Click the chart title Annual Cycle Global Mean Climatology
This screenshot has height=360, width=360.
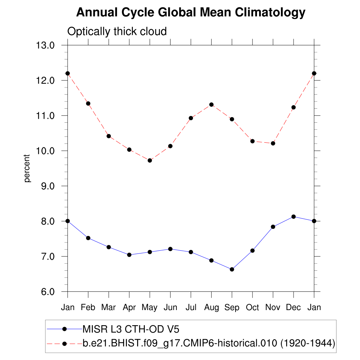(191, 13)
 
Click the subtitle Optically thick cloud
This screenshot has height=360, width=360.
(117, 31)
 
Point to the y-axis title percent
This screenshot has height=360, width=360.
(27, 168)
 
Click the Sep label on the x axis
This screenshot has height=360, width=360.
(232, 308)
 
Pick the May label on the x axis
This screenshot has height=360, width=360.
(150, 308)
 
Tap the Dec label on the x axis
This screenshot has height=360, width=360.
(294, 308)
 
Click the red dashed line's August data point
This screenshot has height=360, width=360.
(211, 104)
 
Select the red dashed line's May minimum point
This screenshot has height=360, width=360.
(150, 160)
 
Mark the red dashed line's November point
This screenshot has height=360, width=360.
(273, 143)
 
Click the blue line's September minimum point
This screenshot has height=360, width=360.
(232, 269)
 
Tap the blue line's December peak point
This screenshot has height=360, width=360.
(294, 217)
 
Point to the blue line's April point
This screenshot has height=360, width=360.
(129, 255)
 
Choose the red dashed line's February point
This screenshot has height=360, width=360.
(88, 103)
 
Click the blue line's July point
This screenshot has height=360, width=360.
(191, 252)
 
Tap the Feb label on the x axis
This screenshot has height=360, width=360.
(88, 308)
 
